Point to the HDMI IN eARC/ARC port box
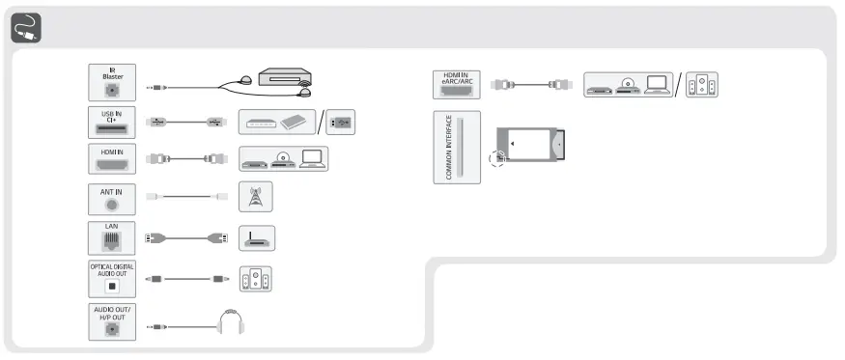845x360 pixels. tap(456, 84)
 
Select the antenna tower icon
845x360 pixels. tap(256, 198)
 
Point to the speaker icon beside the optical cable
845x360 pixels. tap(256, 278)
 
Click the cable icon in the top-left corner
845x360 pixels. tap(26, 30)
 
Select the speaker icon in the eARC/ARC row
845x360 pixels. tap(702, 85)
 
